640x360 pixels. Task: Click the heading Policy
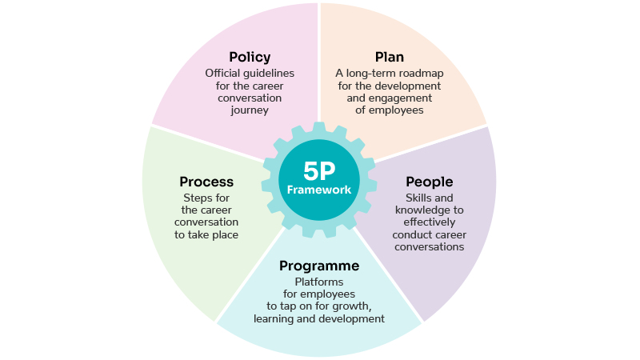pos(250,57)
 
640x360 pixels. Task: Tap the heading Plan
pos(390,57)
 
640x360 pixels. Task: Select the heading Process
pos(206,182)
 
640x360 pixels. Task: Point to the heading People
pos(430,182)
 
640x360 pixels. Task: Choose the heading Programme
pos(319,266)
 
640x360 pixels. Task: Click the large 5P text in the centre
pos(319,170)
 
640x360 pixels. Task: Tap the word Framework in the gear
pos(319,190)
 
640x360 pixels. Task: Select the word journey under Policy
pos(250,110)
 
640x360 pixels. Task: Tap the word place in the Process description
pos(225,235)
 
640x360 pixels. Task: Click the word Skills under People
pos(417,198)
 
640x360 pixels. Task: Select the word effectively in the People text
pos(430,222)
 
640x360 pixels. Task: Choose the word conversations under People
pos(430,247)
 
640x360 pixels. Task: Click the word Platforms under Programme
pos(319,282)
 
